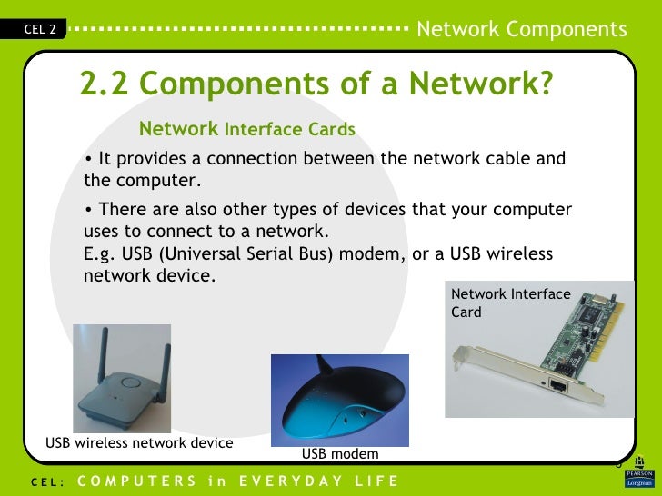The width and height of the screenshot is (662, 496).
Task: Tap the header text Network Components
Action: (x=521, y=29)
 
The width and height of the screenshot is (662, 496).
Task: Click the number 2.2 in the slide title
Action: (x=106, y=84)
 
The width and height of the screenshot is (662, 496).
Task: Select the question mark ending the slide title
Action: (x=544, y=84)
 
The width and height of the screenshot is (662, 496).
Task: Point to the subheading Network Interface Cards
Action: (x=246, y=129)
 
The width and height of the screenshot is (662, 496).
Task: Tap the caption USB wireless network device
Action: (x=139, y=443)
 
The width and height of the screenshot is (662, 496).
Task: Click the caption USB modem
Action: (x=340, y=453)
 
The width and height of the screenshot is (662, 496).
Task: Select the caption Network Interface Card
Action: (x=510, y=303)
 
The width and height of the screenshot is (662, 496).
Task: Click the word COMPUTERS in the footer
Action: (x=136, y=480)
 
